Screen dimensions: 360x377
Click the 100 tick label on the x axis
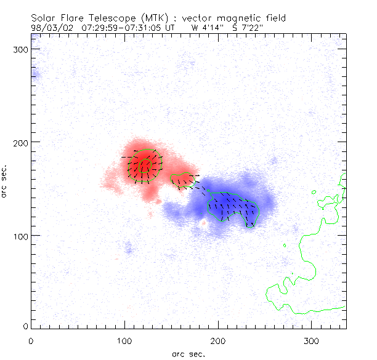(x=124, y=340)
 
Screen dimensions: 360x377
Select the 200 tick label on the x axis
(x=217, y=340)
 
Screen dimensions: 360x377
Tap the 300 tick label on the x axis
(x=311, y=340)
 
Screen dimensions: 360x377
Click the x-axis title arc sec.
(x=188, y=354)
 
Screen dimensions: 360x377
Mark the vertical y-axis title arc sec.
(x=6, y=181)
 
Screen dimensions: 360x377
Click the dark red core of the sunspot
(x=145, y=164)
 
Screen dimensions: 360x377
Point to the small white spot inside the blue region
(x=203, y=222)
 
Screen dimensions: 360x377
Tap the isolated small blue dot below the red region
(x=128, y=249)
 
